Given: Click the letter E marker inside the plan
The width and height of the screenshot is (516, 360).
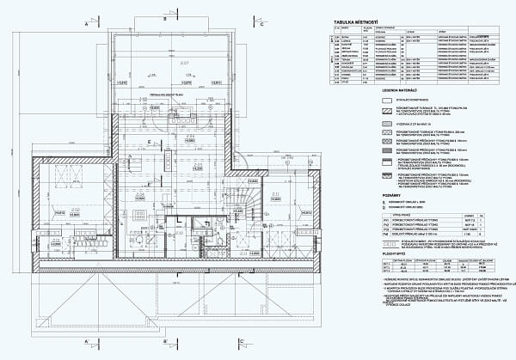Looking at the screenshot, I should coord(150,140).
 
